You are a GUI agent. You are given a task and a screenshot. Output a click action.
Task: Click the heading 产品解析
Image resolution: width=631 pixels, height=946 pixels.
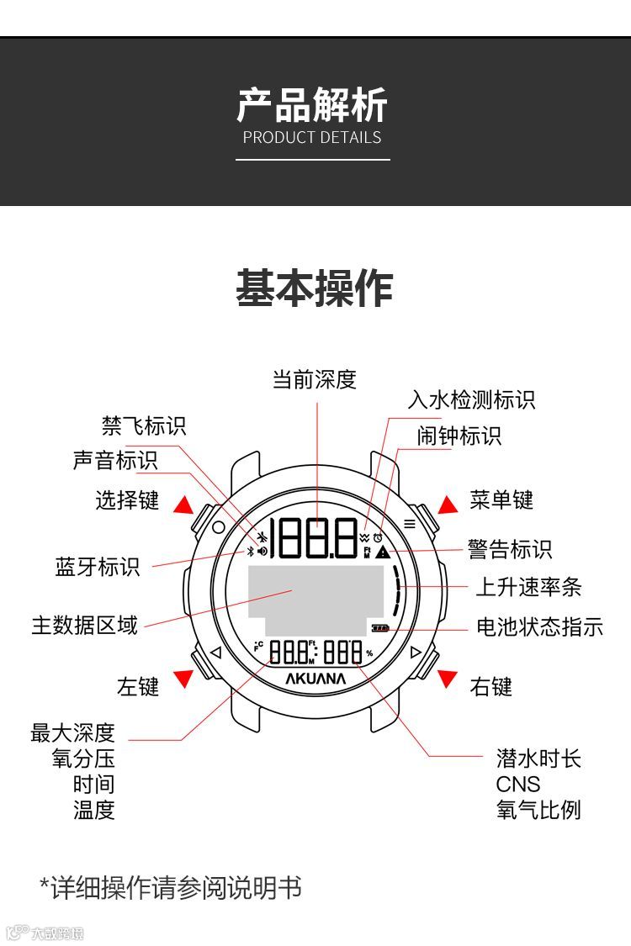click(312, 106)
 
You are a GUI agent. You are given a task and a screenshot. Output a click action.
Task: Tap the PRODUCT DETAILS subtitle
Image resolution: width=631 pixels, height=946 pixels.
click(312, 138)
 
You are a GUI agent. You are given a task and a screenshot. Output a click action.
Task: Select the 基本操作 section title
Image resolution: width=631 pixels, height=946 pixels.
click(314, 288)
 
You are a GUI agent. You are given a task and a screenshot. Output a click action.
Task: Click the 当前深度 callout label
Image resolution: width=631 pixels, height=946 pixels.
click(315, 379)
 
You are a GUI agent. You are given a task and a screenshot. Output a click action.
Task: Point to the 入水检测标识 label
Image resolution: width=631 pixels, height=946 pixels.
click(471, 399)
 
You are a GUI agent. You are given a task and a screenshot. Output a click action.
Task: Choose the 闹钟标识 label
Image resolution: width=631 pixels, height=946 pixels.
click(459, 436)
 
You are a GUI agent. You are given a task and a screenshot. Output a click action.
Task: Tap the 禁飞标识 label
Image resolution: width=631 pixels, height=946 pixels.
click(144, 425)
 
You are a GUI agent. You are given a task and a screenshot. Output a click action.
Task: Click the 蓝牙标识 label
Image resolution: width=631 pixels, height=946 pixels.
click(98, 566)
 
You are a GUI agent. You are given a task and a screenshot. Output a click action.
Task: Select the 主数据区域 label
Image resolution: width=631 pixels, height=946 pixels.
click(84, 625)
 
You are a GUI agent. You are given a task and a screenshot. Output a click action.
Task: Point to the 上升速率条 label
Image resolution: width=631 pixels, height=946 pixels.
click(528, 587)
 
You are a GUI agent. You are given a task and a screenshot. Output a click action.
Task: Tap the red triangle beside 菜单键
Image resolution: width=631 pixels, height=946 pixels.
click(448, 504)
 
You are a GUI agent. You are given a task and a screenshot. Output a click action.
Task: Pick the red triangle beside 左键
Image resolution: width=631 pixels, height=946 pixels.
click(183, 679)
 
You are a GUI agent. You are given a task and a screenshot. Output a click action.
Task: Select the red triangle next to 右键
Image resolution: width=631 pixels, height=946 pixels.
click(447, 679)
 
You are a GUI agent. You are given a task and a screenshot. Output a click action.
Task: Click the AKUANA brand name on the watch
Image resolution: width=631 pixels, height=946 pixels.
click(315, 678)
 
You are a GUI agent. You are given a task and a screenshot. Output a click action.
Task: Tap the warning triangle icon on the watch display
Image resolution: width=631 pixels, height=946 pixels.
click(383, 552)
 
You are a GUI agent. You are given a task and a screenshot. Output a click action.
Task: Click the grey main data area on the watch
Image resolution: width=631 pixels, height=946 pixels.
click(315, 599)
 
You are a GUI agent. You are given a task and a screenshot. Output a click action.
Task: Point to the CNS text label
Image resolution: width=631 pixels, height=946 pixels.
click(518, 785)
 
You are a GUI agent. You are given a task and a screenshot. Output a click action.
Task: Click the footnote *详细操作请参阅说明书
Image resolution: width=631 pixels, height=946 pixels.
click(171, 887)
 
